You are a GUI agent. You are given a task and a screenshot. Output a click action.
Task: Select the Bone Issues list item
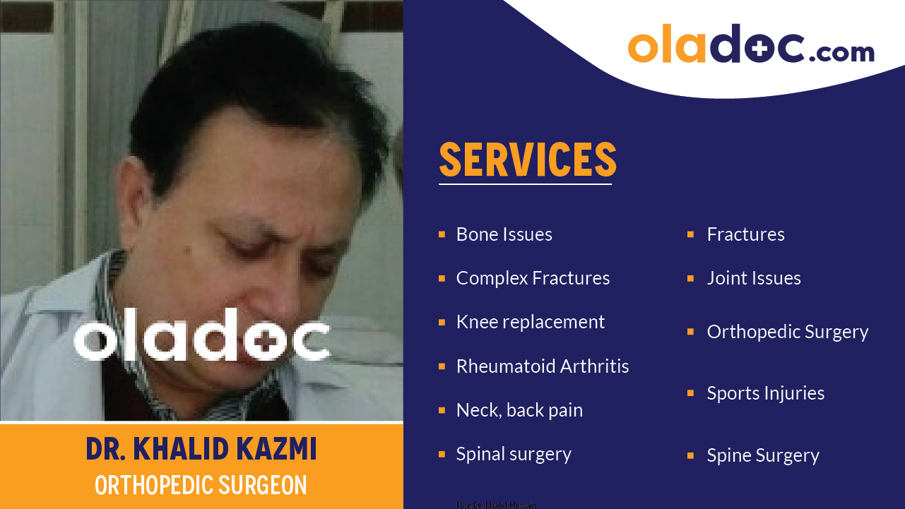[x=504, y=234]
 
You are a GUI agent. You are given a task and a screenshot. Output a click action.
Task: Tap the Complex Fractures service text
[x=533, y=278]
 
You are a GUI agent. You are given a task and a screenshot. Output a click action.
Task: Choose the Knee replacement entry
[x=530, y=322]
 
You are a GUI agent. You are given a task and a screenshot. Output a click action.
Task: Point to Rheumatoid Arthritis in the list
[x=542, y=366]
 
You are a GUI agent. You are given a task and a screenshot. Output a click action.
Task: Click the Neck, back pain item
[x=519, y=410]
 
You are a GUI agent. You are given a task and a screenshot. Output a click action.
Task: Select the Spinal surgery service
[x=514, y=454]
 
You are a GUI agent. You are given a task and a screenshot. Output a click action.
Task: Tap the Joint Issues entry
[x=753, y=278]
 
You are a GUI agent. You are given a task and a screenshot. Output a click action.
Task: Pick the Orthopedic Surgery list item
[x=787, y=332]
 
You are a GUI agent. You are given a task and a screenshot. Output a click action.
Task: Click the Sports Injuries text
[x=765, y=393]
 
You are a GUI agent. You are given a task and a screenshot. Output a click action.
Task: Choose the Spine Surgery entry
[x=762, y=455]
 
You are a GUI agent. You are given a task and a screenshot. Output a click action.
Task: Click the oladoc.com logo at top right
[x=750, y=46]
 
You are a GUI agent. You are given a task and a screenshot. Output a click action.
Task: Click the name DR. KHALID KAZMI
[x=201, y=449]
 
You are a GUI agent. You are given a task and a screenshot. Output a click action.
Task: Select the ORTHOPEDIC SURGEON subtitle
[x=201, y=485]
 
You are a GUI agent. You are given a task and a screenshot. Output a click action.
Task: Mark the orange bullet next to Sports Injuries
[x=690, y=393]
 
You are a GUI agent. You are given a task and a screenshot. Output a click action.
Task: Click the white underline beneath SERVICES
[x=525, y=184]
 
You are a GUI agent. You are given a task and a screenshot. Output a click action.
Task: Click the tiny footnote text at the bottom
[x=496, y=505]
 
